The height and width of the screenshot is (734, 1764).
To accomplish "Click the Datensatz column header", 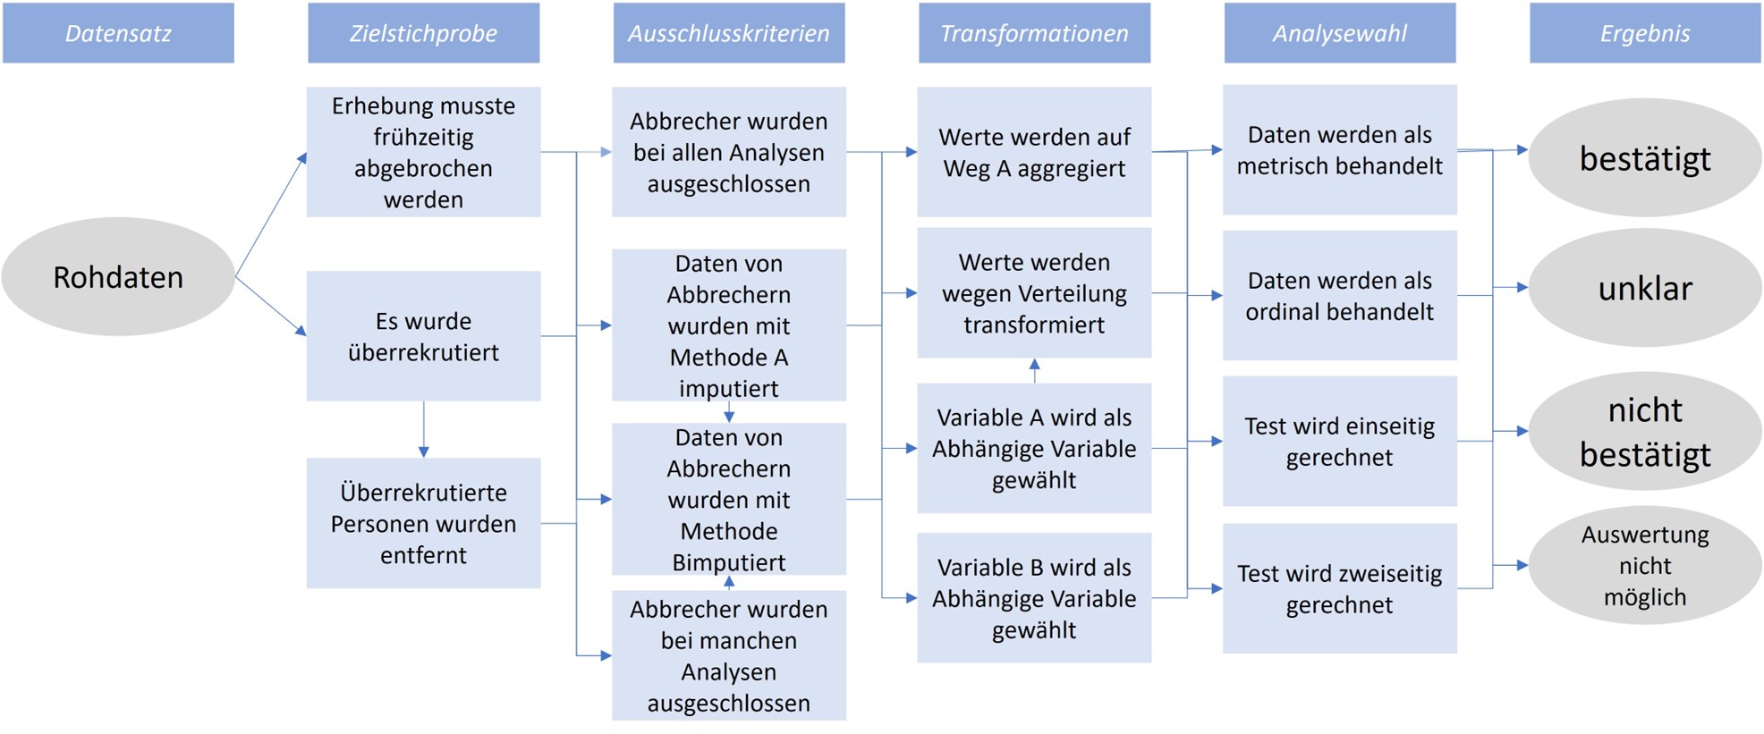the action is point(118,33).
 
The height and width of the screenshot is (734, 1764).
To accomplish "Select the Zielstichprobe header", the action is point(423,33).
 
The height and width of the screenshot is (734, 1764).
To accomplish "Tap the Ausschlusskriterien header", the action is point(729,33).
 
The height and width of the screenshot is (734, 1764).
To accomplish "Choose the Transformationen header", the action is point(1034,33).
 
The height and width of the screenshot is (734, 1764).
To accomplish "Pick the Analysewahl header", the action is point(1340,33).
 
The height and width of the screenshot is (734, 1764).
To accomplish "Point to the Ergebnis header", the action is point(1645,33).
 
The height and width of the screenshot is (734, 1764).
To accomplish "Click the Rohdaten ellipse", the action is point(118,277).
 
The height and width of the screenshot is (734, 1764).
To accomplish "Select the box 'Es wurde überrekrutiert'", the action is point(423,336).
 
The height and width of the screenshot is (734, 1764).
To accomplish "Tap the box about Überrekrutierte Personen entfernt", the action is point(423,523).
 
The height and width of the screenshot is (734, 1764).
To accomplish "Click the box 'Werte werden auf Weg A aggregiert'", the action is point(1034,152).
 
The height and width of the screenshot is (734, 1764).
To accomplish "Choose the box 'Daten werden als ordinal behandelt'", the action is point(1340,295).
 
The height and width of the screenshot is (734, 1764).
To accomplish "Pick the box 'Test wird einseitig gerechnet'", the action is point(1340,442).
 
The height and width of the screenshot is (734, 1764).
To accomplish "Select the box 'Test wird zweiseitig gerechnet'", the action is point(1340,588).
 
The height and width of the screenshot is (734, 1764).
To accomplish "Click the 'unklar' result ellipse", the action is point(1645,288).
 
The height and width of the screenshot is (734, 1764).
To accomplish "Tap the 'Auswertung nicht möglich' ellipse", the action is point(1645,565).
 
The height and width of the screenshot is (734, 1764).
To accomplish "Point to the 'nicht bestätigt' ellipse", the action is point(1645,431).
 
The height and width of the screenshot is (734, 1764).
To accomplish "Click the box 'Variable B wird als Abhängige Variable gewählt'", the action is point(1034,598).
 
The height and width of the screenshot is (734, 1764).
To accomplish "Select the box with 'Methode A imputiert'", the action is point(729,325).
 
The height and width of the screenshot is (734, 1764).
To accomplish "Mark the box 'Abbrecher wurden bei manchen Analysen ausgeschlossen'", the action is point(729,655).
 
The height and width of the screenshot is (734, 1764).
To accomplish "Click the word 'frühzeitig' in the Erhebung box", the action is point(423,138).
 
